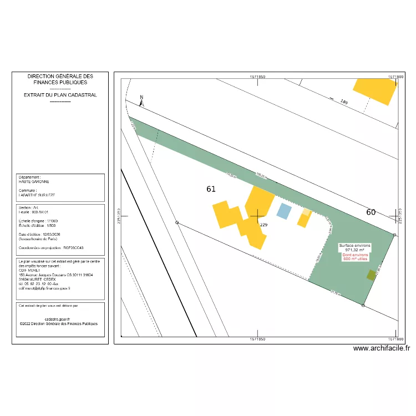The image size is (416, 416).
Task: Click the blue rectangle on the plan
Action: click(x=283, y=211)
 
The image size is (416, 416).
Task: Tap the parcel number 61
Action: click(x=211, y=189)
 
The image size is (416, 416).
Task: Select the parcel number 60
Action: click(x=371, y=212)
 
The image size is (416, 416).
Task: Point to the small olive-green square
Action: click(x=371, y=275)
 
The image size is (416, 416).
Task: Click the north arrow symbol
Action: click(x=142, y=100)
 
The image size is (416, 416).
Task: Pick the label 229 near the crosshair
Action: click(x=264, y=225)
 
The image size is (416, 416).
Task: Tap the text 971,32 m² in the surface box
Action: click(x=355, y=250)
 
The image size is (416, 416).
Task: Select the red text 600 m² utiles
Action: click(x=355, y=258)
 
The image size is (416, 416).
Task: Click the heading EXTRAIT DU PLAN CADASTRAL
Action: click(x=60, y=95)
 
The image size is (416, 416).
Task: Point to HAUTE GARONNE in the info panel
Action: click(x=34, y=181)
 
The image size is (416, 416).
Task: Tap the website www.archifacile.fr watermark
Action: click(x=382, y=348)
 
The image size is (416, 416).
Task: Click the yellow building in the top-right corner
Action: click(x=376, y=89)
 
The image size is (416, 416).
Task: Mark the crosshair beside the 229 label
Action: click(x=257, y=216)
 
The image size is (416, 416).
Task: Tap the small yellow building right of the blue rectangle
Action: click(x=304, y=217)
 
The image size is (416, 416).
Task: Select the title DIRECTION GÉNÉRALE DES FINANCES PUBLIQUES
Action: click(x=60, y=79)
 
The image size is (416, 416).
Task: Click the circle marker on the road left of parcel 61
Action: click(x=177, y=223)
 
